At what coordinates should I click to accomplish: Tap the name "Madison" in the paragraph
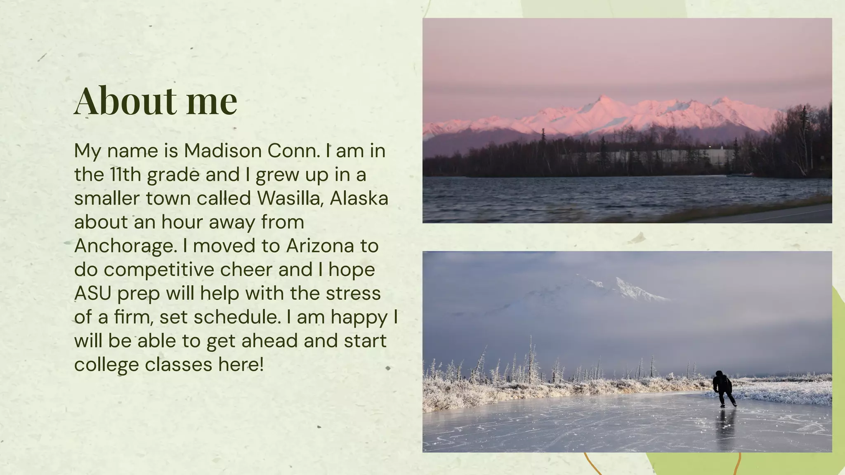[x=223, y=151]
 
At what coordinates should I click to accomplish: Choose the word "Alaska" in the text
[x=359, y=198]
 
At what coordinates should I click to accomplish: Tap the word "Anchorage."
[x=125, y=246]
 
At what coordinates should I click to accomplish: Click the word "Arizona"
[x=320, y=246]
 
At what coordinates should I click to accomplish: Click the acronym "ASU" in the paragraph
[x=93, y=294]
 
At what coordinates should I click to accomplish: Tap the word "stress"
[x=353, y=294]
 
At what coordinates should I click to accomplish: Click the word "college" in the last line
[x=106, y=365]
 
